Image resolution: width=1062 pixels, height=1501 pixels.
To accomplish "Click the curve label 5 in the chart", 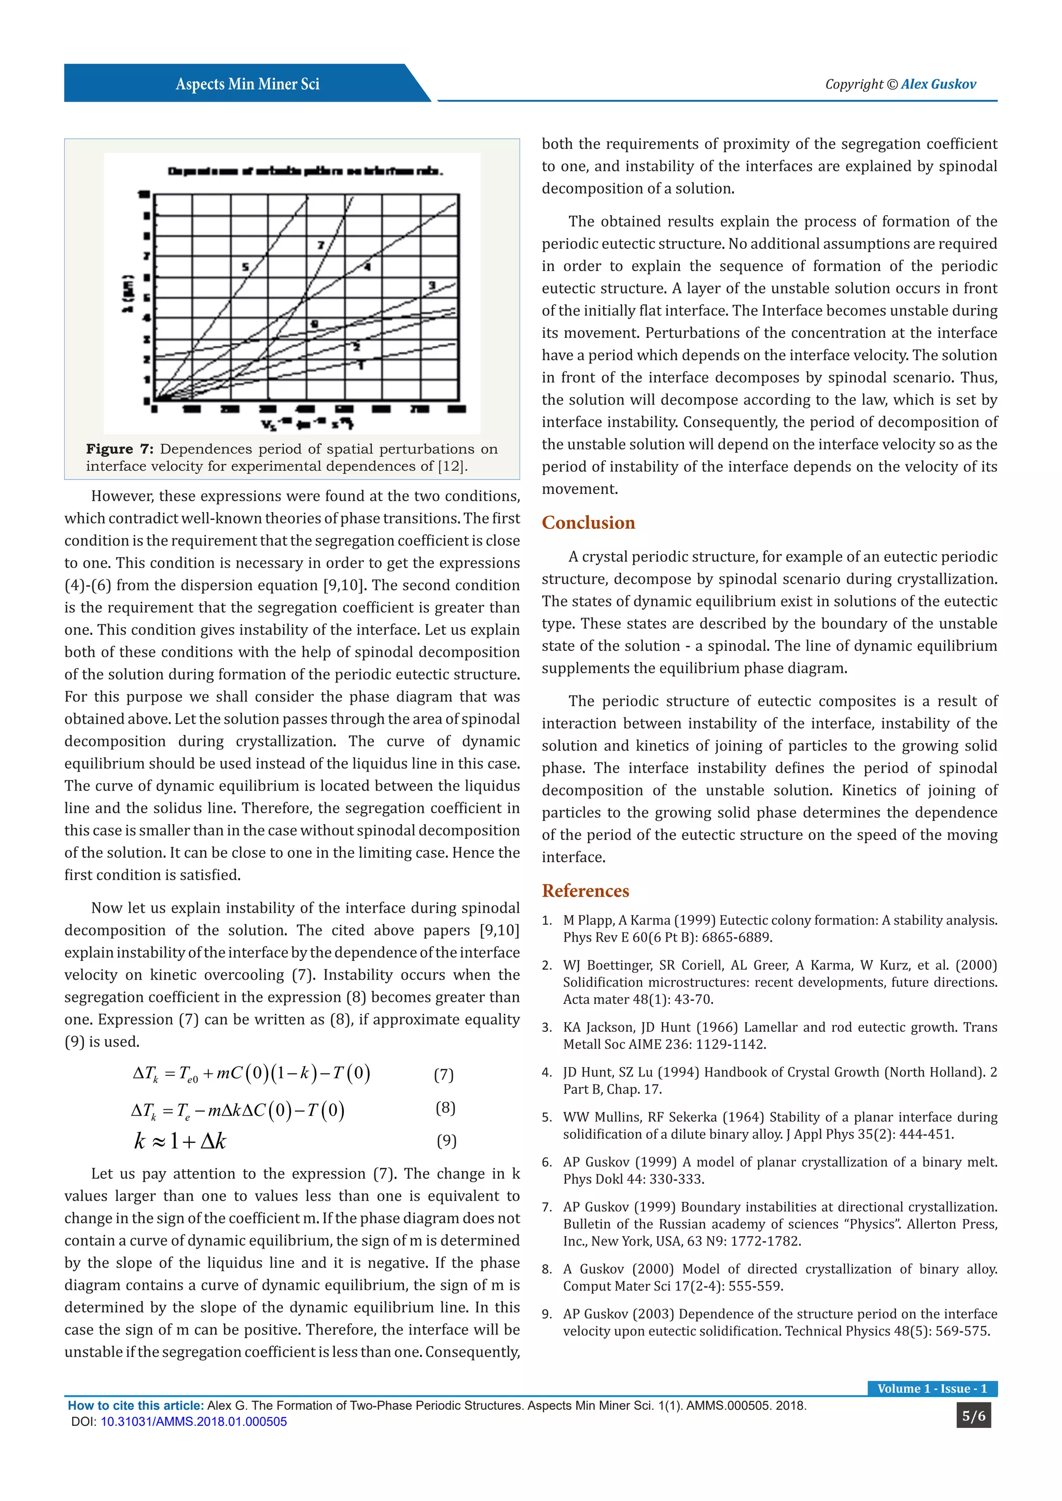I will pyautogui.click(x=245, y=267).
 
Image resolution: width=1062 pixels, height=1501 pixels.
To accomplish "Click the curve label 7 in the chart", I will pyautogui.click(x=321, y=245).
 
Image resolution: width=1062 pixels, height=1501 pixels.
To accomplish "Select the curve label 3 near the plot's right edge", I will pyautogui.click(x=431, y=285).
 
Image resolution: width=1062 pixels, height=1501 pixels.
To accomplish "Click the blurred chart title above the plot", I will pyautogui.click(x=305, y=171).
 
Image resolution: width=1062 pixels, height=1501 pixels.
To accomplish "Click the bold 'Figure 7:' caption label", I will pyautogui.click(x=120, y=449).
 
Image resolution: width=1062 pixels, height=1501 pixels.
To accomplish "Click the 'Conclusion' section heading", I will pyautogui.click(x=588, y=522).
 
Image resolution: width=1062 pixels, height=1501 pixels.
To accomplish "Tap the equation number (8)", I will pyautogui.click(x=445, y=1108).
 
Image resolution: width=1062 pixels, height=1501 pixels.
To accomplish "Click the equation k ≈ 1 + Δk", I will pyautogui.click(x=180, y=1141).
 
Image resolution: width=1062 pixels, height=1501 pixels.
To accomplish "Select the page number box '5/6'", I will pyautogui.click(x=973, y=1416).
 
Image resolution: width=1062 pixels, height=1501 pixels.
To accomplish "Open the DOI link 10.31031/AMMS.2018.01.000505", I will pyautogui.click(x=193, y=1422).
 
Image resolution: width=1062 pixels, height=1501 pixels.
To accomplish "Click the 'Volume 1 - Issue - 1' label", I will pyautogui.click(x=932, y=1389).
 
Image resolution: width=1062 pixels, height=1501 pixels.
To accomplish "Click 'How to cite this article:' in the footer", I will pyautogui.click(x=136, y=1406).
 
